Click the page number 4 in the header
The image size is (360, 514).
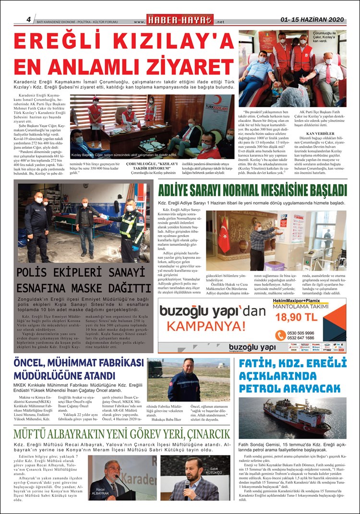(x=29, y=20)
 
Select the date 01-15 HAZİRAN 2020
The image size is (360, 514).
(x=312, y=20)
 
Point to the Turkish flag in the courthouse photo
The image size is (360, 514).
(x=224, y=235)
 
